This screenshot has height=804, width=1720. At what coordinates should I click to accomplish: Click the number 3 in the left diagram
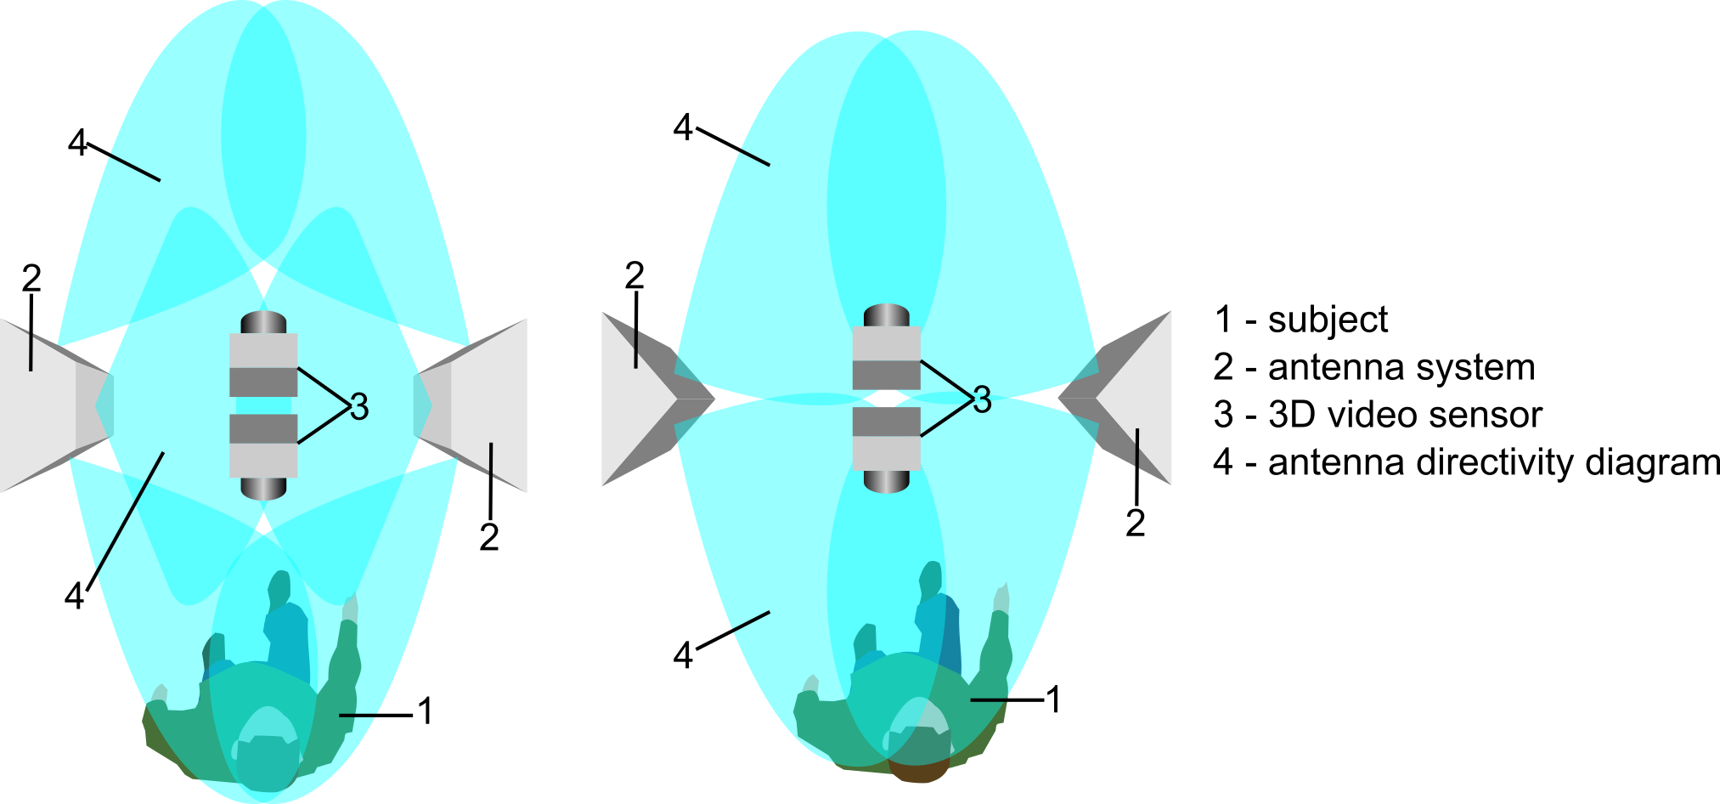click(x=359, y=407)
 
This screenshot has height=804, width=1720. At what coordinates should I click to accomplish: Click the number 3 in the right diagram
click(x=982, y=399)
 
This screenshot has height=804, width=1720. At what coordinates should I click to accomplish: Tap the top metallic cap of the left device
click(x=263, y=323)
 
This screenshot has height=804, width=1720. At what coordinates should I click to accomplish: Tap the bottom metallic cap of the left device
click(x=263, y=488)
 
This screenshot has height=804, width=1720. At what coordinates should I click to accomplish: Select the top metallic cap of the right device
click(x=886, y=315)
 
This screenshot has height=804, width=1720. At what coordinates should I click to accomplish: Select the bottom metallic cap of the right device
click(x=886, y=481)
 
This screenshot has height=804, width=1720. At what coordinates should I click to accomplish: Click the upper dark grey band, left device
click(x=263, y=382)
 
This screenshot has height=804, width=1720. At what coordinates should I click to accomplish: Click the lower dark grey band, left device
click(x=263, y=428)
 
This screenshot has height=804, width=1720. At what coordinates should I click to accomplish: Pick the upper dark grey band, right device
click(x=886, y=375)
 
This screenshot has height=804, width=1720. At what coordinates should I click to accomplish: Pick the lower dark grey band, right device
click(x=886, y=422)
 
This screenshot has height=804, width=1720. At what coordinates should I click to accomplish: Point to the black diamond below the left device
click(x=263, y=524)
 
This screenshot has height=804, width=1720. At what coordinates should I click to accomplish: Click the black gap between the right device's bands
click(x=886, y=398)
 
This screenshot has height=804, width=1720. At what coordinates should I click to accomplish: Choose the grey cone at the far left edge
click(x=42, y=405)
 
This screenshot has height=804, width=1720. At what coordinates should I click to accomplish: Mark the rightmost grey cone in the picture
click(x=1134, y=398)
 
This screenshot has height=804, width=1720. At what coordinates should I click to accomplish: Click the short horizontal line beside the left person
click(x=358, y=716)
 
